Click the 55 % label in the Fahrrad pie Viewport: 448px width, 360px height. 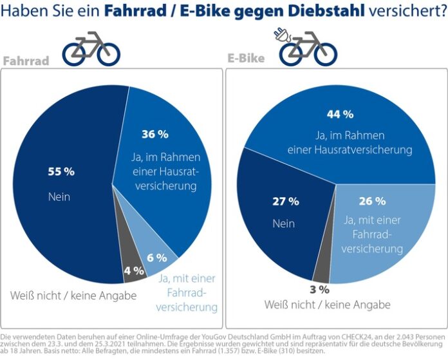pyautogui.click(x=61, y=172)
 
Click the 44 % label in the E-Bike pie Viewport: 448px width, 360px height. pyautogui.click(x=340, y=114)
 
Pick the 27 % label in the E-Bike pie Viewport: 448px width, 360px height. pyautogui.click(x=285, y=202)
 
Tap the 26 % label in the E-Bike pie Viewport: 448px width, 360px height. pyautogui.click(x=372, y=200)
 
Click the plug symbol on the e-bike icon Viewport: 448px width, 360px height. pyautogui.click(x=281, y=33)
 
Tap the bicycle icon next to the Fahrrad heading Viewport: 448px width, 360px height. pyautogui.click(x=91, y=48)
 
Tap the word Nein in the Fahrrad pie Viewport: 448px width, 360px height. pyautogui.click(x=60, y=196)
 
